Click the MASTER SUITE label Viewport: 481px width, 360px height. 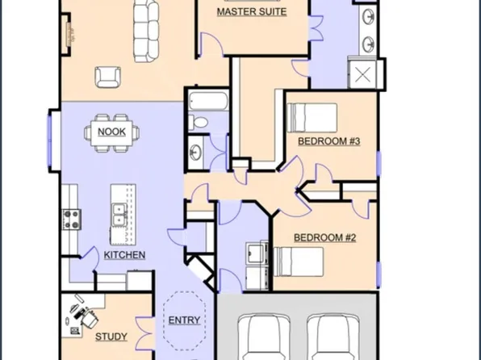(252, 12)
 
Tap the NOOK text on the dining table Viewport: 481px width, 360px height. (111, 132)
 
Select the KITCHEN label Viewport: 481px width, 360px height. (124, 255)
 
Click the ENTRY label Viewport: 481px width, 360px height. (184, 320)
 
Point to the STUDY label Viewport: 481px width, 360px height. (111, 337)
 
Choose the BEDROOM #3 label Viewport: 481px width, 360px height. (329, 141)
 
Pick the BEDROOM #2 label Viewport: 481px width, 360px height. (325, 237)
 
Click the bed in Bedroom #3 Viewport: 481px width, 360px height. (312, 118)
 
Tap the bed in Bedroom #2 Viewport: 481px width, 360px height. (299, 262)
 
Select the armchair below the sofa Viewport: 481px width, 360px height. (107, 77)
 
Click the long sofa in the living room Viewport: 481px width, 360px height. (146, 31)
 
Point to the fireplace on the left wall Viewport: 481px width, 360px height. (67, 34)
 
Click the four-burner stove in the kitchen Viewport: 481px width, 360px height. (72, 220)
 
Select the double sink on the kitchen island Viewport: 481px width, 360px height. (119, 215)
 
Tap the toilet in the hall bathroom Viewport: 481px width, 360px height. (199, 123)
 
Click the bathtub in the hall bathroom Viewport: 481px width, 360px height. (208, 101)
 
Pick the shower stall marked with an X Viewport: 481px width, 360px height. (362, 74)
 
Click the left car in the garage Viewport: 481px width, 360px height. (264, 337)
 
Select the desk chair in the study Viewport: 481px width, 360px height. (90, 319)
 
